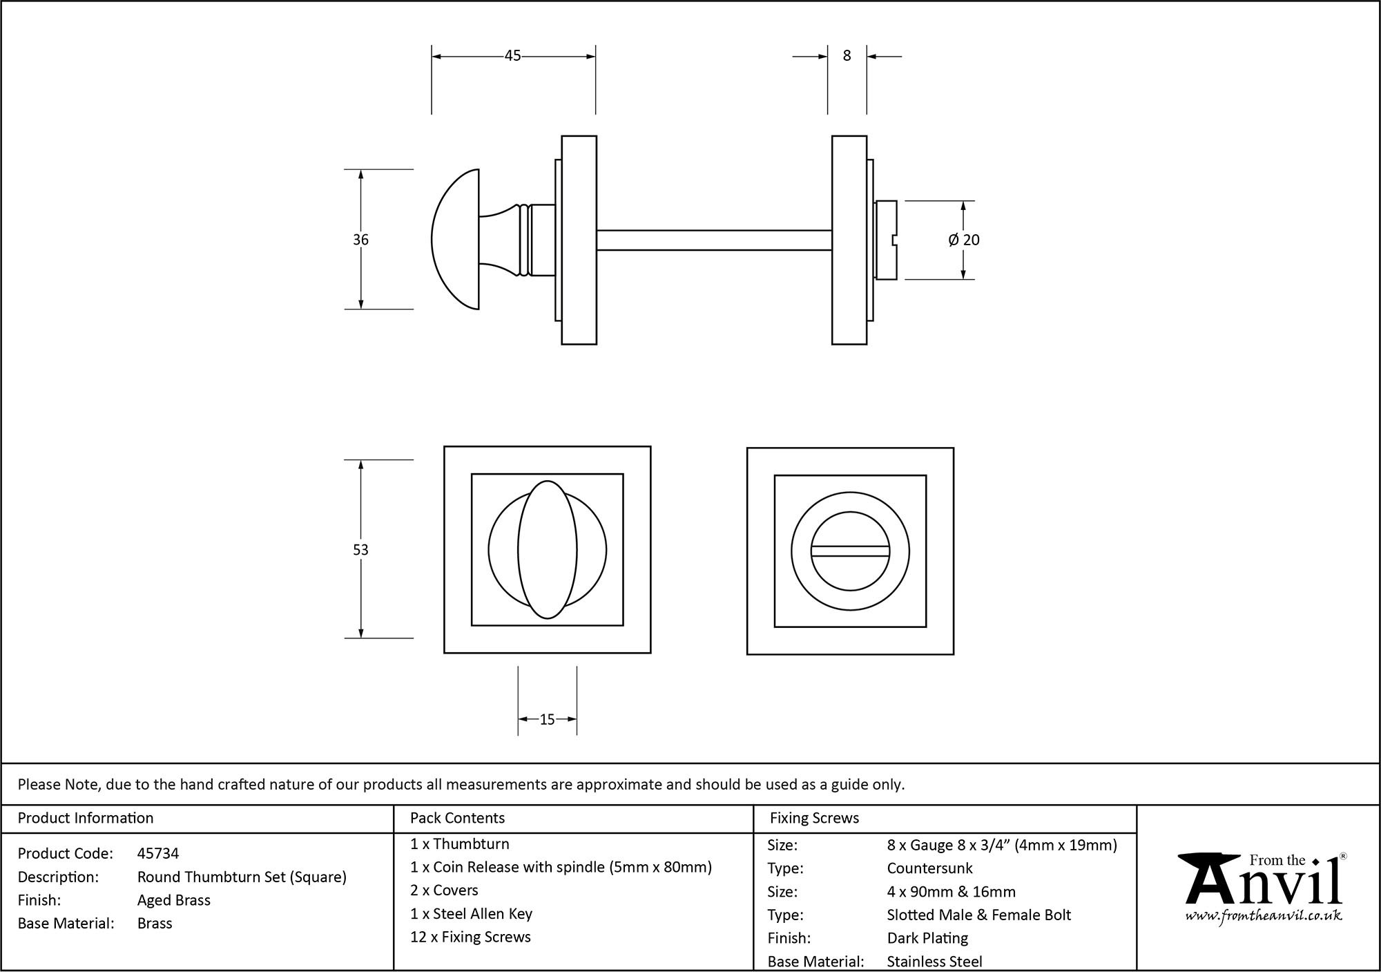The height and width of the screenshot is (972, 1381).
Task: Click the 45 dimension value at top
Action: coord(512,56)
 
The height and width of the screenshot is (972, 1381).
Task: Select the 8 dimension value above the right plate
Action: coord(847,56)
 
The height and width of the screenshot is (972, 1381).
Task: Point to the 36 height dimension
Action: coord(360,240)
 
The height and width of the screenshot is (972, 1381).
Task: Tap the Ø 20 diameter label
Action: coord(964,240)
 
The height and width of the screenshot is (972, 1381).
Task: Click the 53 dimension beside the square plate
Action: coord(360,550)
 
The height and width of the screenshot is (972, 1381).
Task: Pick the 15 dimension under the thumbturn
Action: coord(547,720)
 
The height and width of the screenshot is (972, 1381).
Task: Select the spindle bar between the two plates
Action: coord(713,240)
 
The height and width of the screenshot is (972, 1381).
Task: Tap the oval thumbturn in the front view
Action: coord(547,549)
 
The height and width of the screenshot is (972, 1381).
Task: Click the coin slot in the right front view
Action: coord(850,551)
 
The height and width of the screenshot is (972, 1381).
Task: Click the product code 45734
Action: coord(158,853)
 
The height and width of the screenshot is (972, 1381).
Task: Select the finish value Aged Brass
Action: coord(174,900)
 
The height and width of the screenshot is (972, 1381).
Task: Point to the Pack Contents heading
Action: coord(457,818)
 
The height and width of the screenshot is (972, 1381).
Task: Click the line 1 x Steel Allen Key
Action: coord(471,914)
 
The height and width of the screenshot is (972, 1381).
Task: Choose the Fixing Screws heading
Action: coord(814,818)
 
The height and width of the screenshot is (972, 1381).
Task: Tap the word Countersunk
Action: coord(929,868)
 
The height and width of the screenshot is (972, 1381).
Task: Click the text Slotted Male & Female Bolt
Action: coord(978,915)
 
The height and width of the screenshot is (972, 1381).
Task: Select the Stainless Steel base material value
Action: coord(934,962)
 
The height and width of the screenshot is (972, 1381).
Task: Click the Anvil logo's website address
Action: coord(1264,916)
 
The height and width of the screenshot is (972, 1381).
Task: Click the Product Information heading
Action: coord(86,818)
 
